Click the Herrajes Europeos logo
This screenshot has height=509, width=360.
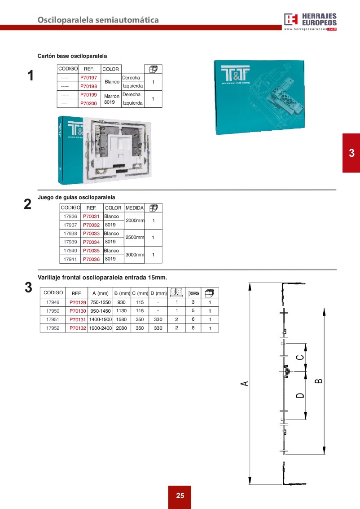point(310,21)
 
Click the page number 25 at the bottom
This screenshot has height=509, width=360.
point(180,496)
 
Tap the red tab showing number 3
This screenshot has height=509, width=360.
point(351,153)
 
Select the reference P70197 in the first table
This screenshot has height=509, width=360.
point(89,78)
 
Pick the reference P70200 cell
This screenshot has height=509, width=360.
point(89,103)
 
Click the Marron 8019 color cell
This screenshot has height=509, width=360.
point(111,99)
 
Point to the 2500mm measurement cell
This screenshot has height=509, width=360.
point(135,237)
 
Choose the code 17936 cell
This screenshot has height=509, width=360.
point(70,217)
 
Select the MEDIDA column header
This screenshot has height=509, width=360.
point(135,208)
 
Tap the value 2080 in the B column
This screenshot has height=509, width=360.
point(121,328)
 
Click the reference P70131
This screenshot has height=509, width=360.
point(78,319)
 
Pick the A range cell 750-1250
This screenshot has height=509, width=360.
point(100,302)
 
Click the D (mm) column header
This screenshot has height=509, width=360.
point(158,293)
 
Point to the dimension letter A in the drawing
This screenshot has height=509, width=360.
point(245,383)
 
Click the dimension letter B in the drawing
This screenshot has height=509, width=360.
point(318,381)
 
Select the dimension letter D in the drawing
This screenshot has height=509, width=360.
point(300,395)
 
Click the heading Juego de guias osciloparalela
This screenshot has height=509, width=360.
point(76,197)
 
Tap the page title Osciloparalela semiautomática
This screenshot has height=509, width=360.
point(98,20)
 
